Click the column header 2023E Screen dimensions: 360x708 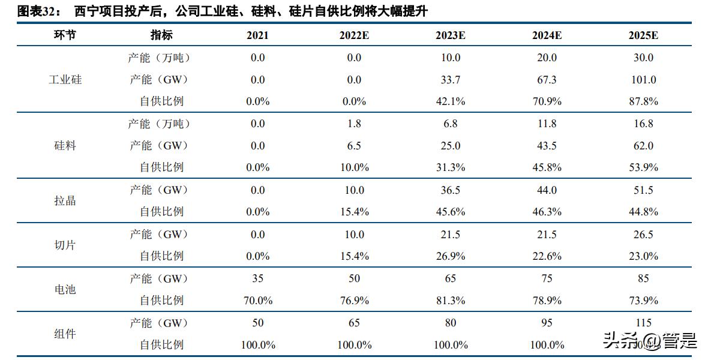[x=450, y=35]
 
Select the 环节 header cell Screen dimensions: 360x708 [x=65, y=35]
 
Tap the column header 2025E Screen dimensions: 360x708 [x=643, y=35]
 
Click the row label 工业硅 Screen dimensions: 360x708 [x=65, y=80]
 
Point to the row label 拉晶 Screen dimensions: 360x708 [x=65, y=201]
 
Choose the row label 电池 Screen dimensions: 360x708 [x=65, y=289]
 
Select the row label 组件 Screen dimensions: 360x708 [x=65, y=334]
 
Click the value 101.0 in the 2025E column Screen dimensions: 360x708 [x=643, y=80]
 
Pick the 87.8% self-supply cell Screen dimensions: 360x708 [x=643, y=101]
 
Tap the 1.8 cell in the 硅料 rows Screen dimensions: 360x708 [x=354, y=124]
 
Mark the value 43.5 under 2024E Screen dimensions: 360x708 [x=547, y=146]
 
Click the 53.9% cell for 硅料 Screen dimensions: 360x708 [x=643, y=167]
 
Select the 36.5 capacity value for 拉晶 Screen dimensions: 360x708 [x=450, y=190]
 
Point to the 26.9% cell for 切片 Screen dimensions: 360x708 [x=450, y=256]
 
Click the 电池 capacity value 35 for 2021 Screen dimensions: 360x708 [x=257, y=278]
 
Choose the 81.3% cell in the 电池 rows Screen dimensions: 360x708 [x=450, y=300]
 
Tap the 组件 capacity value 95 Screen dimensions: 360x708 [x=547, y=323]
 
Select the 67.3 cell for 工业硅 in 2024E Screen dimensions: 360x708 [x=547, y=80]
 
